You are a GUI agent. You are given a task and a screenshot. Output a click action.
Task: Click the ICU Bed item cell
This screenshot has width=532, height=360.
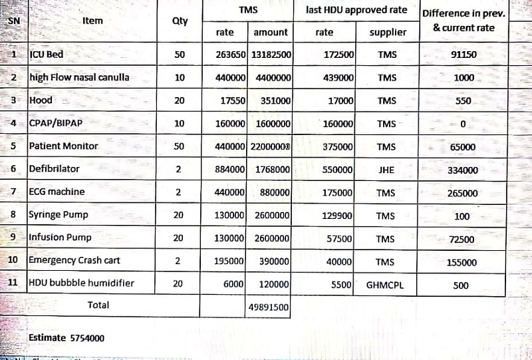pos(47,54)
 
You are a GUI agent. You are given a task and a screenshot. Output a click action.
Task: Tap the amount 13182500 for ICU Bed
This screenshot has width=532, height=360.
pos(271,55)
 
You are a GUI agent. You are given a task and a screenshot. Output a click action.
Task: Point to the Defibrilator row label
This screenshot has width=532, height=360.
pos(54,168)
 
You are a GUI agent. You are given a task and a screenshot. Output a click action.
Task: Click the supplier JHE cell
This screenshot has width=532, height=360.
pos(386,170)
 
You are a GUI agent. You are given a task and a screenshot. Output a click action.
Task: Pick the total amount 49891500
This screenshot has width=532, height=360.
pos(269,307)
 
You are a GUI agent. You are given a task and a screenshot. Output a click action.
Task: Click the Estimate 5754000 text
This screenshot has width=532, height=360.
pos(66,338)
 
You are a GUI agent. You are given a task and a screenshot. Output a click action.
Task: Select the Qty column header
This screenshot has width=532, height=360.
pos(180,21)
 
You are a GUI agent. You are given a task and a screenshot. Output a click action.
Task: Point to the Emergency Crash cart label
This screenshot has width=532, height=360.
pos(74,260)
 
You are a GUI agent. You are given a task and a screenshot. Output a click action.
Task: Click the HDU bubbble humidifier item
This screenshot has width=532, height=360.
pos(82,283)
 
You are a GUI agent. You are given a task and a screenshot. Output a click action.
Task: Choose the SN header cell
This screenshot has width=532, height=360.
pos(13,20)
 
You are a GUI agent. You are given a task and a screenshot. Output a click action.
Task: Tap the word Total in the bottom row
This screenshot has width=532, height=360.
pos(98,305)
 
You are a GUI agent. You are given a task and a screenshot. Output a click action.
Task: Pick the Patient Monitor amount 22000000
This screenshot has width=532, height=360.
pos(270,146)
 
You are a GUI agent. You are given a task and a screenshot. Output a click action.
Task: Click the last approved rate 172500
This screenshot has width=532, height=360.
pos(338,55)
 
